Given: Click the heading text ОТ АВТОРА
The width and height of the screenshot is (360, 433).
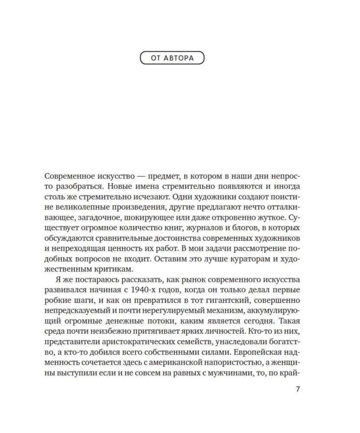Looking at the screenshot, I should pyautogui.click(x=172, y=58).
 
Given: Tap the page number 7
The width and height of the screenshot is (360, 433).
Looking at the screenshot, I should pyautogui.click(x=297, y=389).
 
